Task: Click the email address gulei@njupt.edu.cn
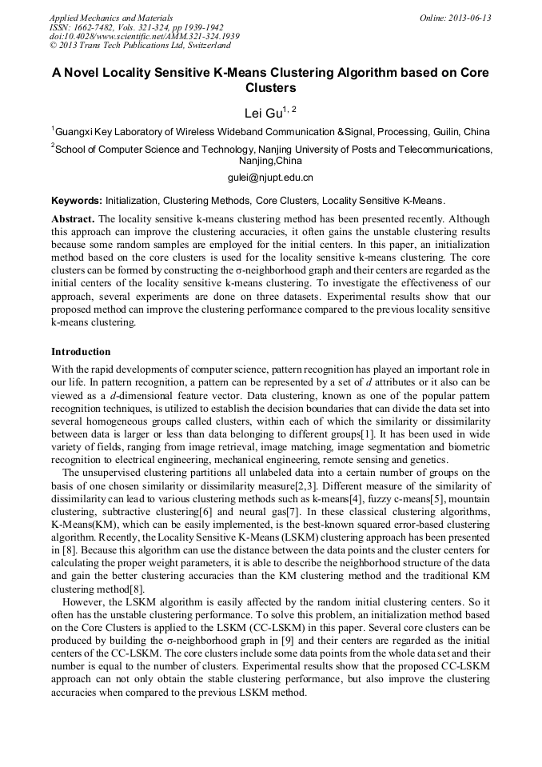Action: (x=271, y=178)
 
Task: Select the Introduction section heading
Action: (x=81, y=352)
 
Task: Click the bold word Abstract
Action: (x=73, y=219)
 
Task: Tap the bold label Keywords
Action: (x=76, y=201)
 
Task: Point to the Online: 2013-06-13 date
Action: (x=455, y=18)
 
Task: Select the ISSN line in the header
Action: (x=136, y=27)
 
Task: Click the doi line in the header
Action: (x=144, y=37)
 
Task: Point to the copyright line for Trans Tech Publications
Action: (x=140, y=46)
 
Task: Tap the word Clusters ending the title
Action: (x=271, y=88)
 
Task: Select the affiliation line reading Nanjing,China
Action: (x=271, y=160)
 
